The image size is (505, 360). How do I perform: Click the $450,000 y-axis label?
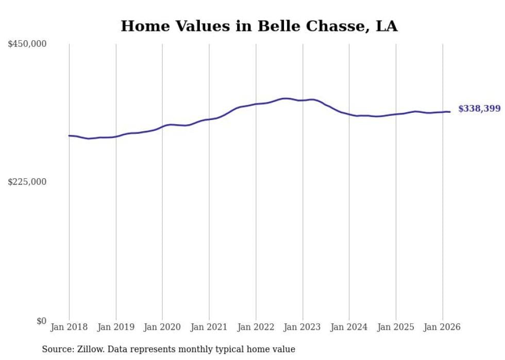pyautogui.click(x=27, y=44)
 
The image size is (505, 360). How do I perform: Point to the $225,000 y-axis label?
pyautogui.click(x=27, y=182)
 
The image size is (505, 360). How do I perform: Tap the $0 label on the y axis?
pyautogui.click(x=41, y=321)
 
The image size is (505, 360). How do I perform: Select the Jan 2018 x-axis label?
pyautogui.click(x=69, y=327)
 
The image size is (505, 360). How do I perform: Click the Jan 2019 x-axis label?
pyautogui.click(x=116, y=327)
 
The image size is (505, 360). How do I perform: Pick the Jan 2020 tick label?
pyautogui.click(x=162, y=327)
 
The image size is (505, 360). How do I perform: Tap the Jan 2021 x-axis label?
pyautogui.click(x=209, y=327)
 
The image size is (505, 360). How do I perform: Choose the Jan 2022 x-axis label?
pyautogui.click(x=256, y=327)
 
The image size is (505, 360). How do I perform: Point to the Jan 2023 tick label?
pyautogui.click(x=302, y=327)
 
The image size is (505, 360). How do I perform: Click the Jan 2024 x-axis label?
pyautogui.click(x=349, y=327)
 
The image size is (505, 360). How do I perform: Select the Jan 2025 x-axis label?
pyautogui.click(x=396, y=327)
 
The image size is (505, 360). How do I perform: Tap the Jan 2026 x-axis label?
pyautogui.click(x=442, y=327)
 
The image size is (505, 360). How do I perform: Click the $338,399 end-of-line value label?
pyautogui.click(x=479, y=109)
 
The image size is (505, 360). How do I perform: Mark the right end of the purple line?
pyautogui.click(x=450, y=112)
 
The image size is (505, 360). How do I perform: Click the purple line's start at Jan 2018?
pyautogui.click(x=69, y=135)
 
